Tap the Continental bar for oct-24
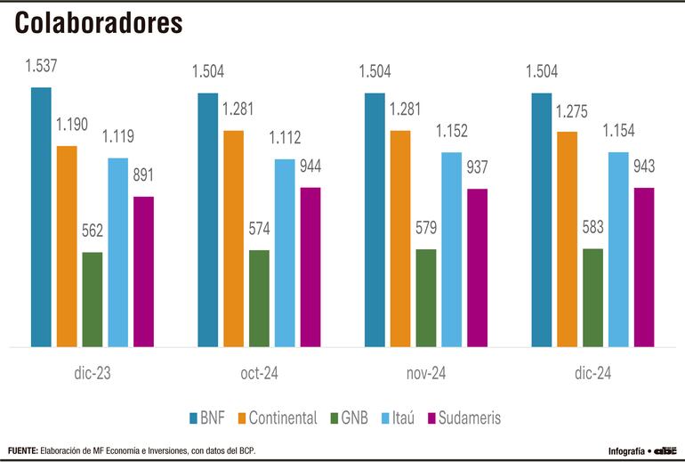tap(234, 238)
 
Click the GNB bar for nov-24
tap(426, 297)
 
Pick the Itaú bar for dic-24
tap(618, 249)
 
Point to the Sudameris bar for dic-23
tap(143, 271)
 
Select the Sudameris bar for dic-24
tap(643, 266)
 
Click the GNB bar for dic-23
tap(93, 299)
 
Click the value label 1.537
tap(42, 65)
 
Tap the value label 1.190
tap(71, 124)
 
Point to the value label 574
tap(259, 229)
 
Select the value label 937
tap(477, 166)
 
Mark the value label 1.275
tap(573, 112)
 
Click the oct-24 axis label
tap(258, 373)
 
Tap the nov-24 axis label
tap(425, 373)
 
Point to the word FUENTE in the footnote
tap(22, 450)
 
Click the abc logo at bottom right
tap(665, 450)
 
